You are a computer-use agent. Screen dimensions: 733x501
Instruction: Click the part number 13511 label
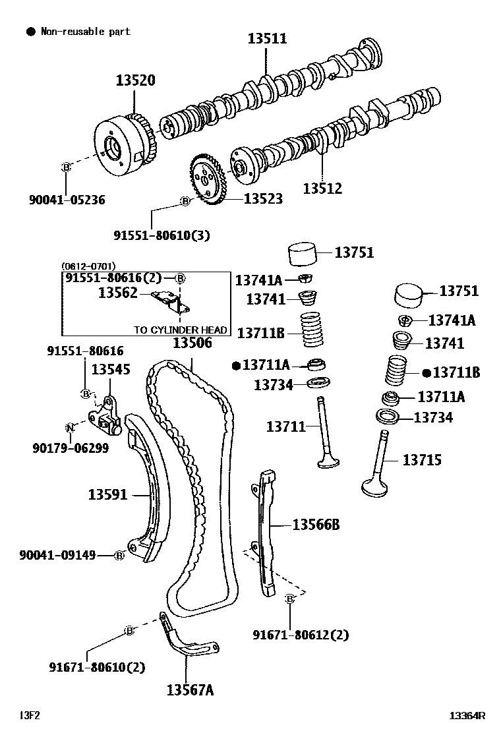pyautogui.click(x=267, y=39)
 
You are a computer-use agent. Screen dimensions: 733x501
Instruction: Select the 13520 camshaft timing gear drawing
pyautogui.click(x=125, y=144)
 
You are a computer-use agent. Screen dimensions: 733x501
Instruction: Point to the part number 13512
pyautogui.click(x=322, y=189)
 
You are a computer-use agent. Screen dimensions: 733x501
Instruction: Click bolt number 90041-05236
pyautogui.click(x=67, y=200)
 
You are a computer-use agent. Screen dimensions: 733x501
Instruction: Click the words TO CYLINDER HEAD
pyautogui.click(x=181, y=330)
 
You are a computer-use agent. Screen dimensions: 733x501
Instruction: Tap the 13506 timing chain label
pyautogui.click(x=192, y=342)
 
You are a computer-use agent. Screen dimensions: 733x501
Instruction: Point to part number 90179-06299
pyautogui.click(x=70, y=448)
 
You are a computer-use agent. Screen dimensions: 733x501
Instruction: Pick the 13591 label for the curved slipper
pyautogui.click(x=107, y=494)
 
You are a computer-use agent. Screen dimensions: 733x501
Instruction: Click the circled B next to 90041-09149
pyautogui.click(x=119, y=556)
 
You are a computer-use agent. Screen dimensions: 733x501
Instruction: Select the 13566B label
pyautogui.click(x=316, y=525)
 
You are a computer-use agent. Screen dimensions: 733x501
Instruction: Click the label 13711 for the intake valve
pyautogui.click(x=286, y=427)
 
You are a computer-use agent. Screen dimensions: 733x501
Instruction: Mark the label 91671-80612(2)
pyautogui.click(x=301, y=635)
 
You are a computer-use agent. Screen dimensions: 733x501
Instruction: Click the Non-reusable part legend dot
pyautogui.click(x=30, y=31)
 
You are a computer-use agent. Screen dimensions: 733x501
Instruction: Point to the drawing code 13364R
pyautogui.click(x=467, y=716)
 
